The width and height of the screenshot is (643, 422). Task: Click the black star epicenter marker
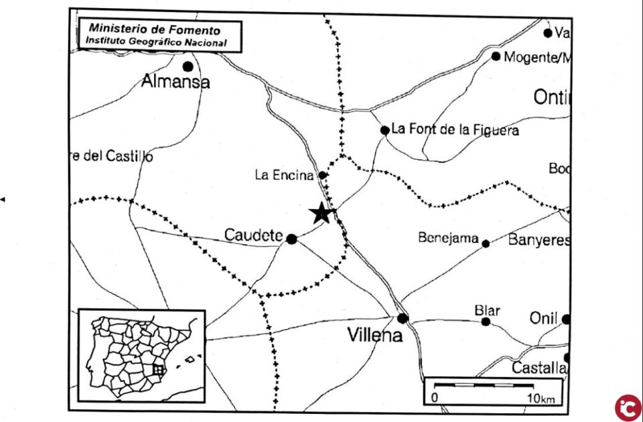tap(321, 213)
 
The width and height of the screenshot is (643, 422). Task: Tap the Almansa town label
tap(175, 82)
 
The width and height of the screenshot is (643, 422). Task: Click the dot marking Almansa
tap(188, 66)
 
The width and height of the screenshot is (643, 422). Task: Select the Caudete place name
tap(253, 235)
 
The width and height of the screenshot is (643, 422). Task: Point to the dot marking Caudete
tap(291, 238)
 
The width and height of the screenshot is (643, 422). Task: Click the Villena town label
tap(375, 335)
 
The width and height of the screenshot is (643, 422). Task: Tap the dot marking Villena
tap(402, 318)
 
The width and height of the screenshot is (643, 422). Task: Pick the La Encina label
tap(284, 175)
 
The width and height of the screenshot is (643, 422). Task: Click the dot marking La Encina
tap(322, 175)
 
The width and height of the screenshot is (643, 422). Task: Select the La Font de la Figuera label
tap(455, 129)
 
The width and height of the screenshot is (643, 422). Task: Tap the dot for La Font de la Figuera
tap(384, 130)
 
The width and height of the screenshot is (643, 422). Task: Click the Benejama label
tap(449, 237)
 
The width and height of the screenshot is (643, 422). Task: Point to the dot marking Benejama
tap(486, 243)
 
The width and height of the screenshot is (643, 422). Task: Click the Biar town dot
tap(486, 322)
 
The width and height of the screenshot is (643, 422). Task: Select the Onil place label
tap(544, 318)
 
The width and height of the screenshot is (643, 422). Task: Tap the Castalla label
tap(540, 368)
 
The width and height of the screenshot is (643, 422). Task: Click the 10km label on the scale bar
tap(540, 399)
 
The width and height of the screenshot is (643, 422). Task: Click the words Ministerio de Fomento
tap(155, 29)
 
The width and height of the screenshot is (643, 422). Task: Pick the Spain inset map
tap(141, 356)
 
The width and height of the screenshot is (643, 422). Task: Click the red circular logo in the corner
tap(628, 407)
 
